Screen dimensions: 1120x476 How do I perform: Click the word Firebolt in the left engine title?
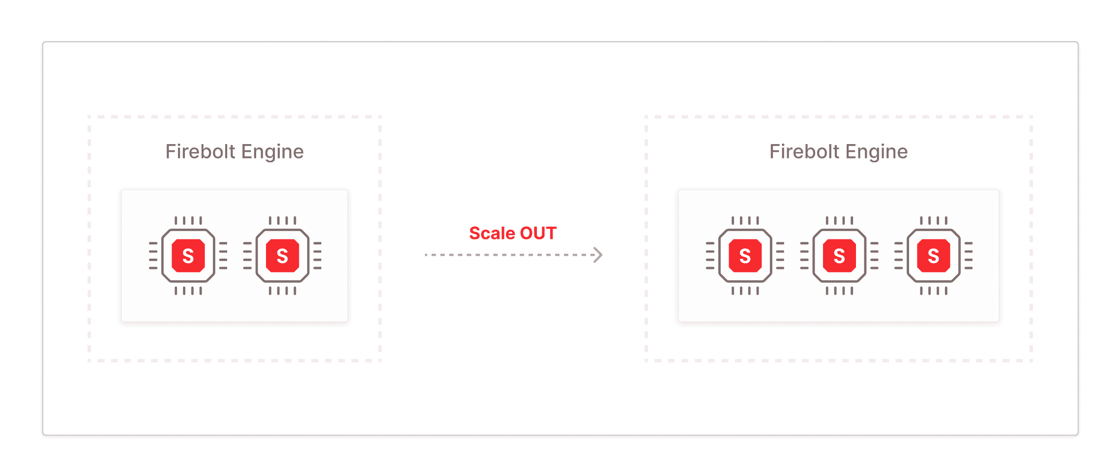click(x=200, y=151)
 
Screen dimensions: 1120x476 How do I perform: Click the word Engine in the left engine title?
click(x=272, y=152)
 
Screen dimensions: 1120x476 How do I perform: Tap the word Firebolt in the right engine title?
click(x=804, y=151)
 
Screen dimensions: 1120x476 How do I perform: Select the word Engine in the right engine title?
click(x=877, y=152)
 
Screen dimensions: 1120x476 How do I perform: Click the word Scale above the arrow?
click(x=492, y=233)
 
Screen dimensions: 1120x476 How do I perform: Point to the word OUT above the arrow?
click(x=538, y=233)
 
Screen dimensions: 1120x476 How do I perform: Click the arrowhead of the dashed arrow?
click(x=598, y=255)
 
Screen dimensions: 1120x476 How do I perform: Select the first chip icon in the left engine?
click(x=188, y=256)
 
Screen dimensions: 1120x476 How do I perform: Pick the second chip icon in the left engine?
click(x=283, y=256)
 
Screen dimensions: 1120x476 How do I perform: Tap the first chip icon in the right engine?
click(x=745, y=256)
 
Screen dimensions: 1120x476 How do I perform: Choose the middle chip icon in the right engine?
click(x=840, y=256)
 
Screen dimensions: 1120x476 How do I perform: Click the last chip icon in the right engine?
click(x=934, y=256)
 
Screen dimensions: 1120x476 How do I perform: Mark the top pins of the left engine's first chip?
click(x=188, y=220)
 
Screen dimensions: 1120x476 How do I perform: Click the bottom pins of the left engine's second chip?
click(x=283, y=291)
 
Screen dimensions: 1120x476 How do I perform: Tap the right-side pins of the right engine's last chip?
click(x=969, y=256)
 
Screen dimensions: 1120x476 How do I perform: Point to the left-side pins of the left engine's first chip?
click(x=153, y=256)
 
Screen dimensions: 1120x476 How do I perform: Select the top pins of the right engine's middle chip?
click(x=840, y=220)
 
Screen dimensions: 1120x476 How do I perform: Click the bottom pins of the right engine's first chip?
click(x=745, y=291)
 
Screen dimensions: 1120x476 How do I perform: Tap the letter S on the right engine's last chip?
click(x=934, y=256)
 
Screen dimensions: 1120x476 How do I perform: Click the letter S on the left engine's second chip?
click(x=283, y=256)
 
